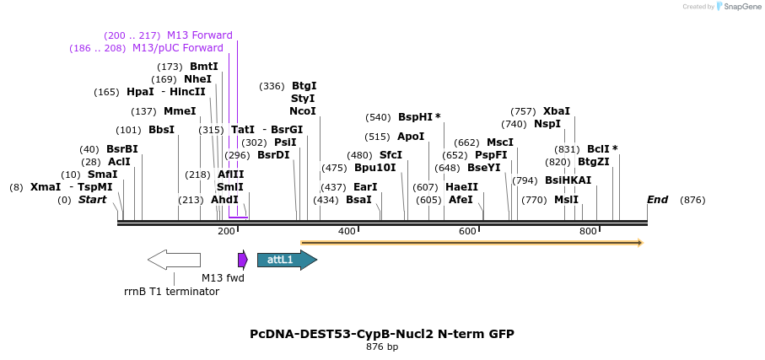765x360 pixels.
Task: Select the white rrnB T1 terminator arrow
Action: click(174, 260)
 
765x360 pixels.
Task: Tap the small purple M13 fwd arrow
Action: click(243, 260)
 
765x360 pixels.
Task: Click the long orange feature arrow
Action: click(471, 243)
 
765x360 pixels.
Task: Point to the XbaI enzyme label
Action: click(557, 111)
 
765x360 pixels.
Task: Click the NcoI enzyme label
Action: click(303, 111)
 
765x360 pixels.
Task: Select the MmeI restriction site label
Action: click(180, 111)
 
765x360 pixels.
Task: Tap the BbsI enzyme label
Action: click(161, 130)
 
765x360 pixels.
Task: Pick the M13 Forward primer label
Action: click(200, 35)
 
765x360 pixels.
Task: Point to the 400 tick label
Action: click(347, 231)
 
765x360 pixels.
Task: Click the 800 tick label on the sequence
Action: click(588, 231)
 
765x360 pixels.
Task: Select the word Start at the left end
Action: click(93, 200)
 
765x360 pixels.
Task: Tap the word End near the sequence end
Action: click(658, 200)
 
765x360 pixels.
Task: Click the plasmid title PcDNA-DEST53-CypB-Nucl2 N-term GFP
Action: click(382, 334)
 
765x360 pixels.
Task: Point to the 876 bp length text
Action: click(382, 347)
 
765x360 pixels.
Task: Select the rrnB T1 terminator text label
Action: click(171, 292)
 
